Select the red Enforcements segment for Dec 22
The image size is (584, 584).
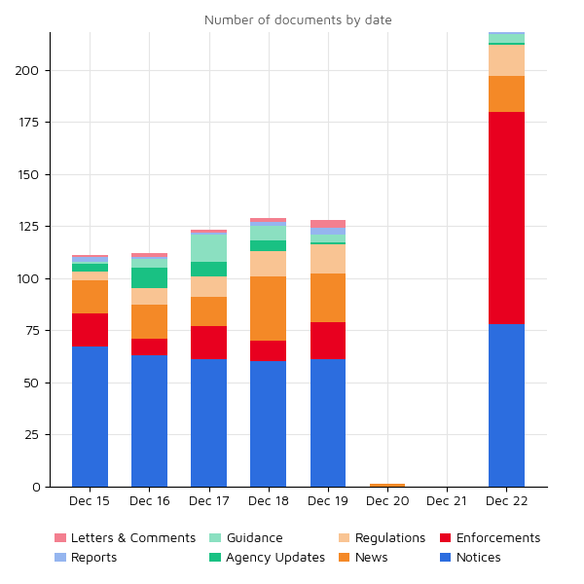[x=506, y=218]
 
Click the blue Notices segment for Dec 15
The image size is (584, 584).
[x=90, y=417]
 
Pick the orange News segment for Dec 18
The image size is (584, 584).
[x=268, y=309]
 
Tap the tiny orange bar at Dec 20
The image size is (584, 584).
[x=387, y=485]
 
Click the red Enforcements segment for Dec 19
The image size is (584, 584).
[x=328, y=341]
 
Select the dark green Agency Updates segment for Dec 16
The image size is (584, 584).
[x=149, y=277]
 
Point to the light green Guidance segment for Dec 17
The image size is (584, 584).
[x=208, y=248]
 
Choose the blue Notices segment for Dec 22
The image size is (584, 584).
[x=506, y=405]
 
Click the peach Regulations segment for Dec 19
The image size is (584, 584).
[x=328, y=259]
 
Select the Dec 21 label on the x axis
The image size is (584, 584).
[x=447, y=501]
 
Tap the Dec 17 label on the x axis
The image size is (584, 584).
[x=208, y=501]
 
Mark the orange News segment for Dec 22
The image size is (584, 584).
[x=506, y=93]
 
